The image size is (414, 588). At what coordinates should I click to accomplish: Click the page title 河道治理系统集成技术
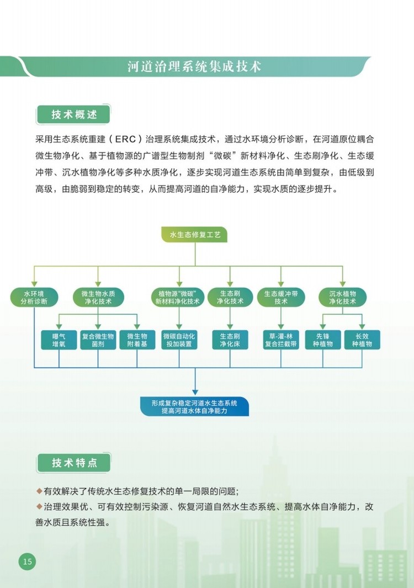pos(194,67)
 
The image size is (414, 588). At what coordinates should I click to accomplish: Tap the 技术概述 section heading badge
pos(73,114)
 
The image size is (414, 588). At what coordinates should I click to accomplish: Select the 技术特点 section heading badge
pos(74,463)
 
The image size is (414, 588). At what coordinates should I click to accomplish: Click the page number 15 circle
pos(28,561)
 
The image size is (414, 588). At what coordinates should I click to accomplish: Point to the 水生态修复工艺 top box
pos(195,235)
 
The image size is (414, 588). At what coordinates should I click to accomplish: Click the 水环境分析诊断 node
pos(34,298)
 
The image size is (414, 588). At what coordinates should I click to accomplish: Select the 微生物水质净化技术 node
pos(98,298)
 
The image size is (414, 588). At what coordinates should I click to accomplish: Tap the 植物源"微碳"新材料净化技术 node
pos(178,298)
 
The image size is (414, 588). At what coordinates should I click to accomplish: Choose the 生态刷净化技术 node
pos(230,298)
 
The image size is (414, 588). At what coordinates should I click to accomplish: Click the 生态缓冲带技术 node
pos(281,298)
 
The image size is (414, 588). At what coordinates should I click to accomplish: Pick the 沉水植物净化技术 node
pos(342,298)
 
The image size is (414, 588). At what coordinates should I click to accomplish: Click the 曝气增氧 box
pos(59,340)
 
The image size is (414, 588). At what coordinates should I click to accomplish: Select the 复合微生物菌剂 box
pos(98,340)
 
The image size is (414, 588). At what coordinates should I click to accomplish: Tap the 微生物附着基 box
pos(137,340)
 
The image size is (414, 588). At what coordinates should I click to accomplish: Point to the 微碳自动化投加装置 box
pos(179,340)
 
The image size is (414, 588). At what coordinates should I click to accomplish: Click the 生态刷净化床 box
pos(230,340)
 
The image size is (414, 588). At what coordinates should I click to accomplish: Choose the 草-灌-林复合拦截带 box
pos(281,340)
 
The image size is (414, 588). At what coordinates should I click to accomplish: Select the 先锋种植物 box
pos(323,340)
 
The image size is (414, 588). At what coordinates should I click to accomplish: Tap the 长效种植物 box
pos(362,340)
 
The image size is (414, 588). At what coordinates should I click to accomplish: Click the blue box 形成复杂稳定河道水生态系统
pos(195,406)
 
